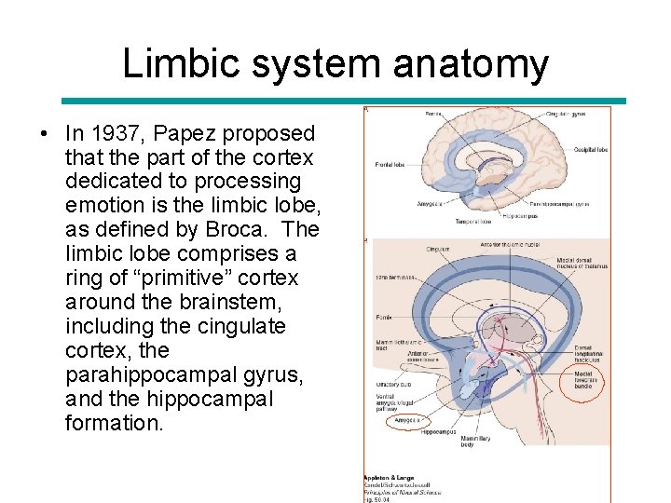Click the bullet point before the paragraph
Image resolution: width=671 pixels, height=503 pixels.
45,133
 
